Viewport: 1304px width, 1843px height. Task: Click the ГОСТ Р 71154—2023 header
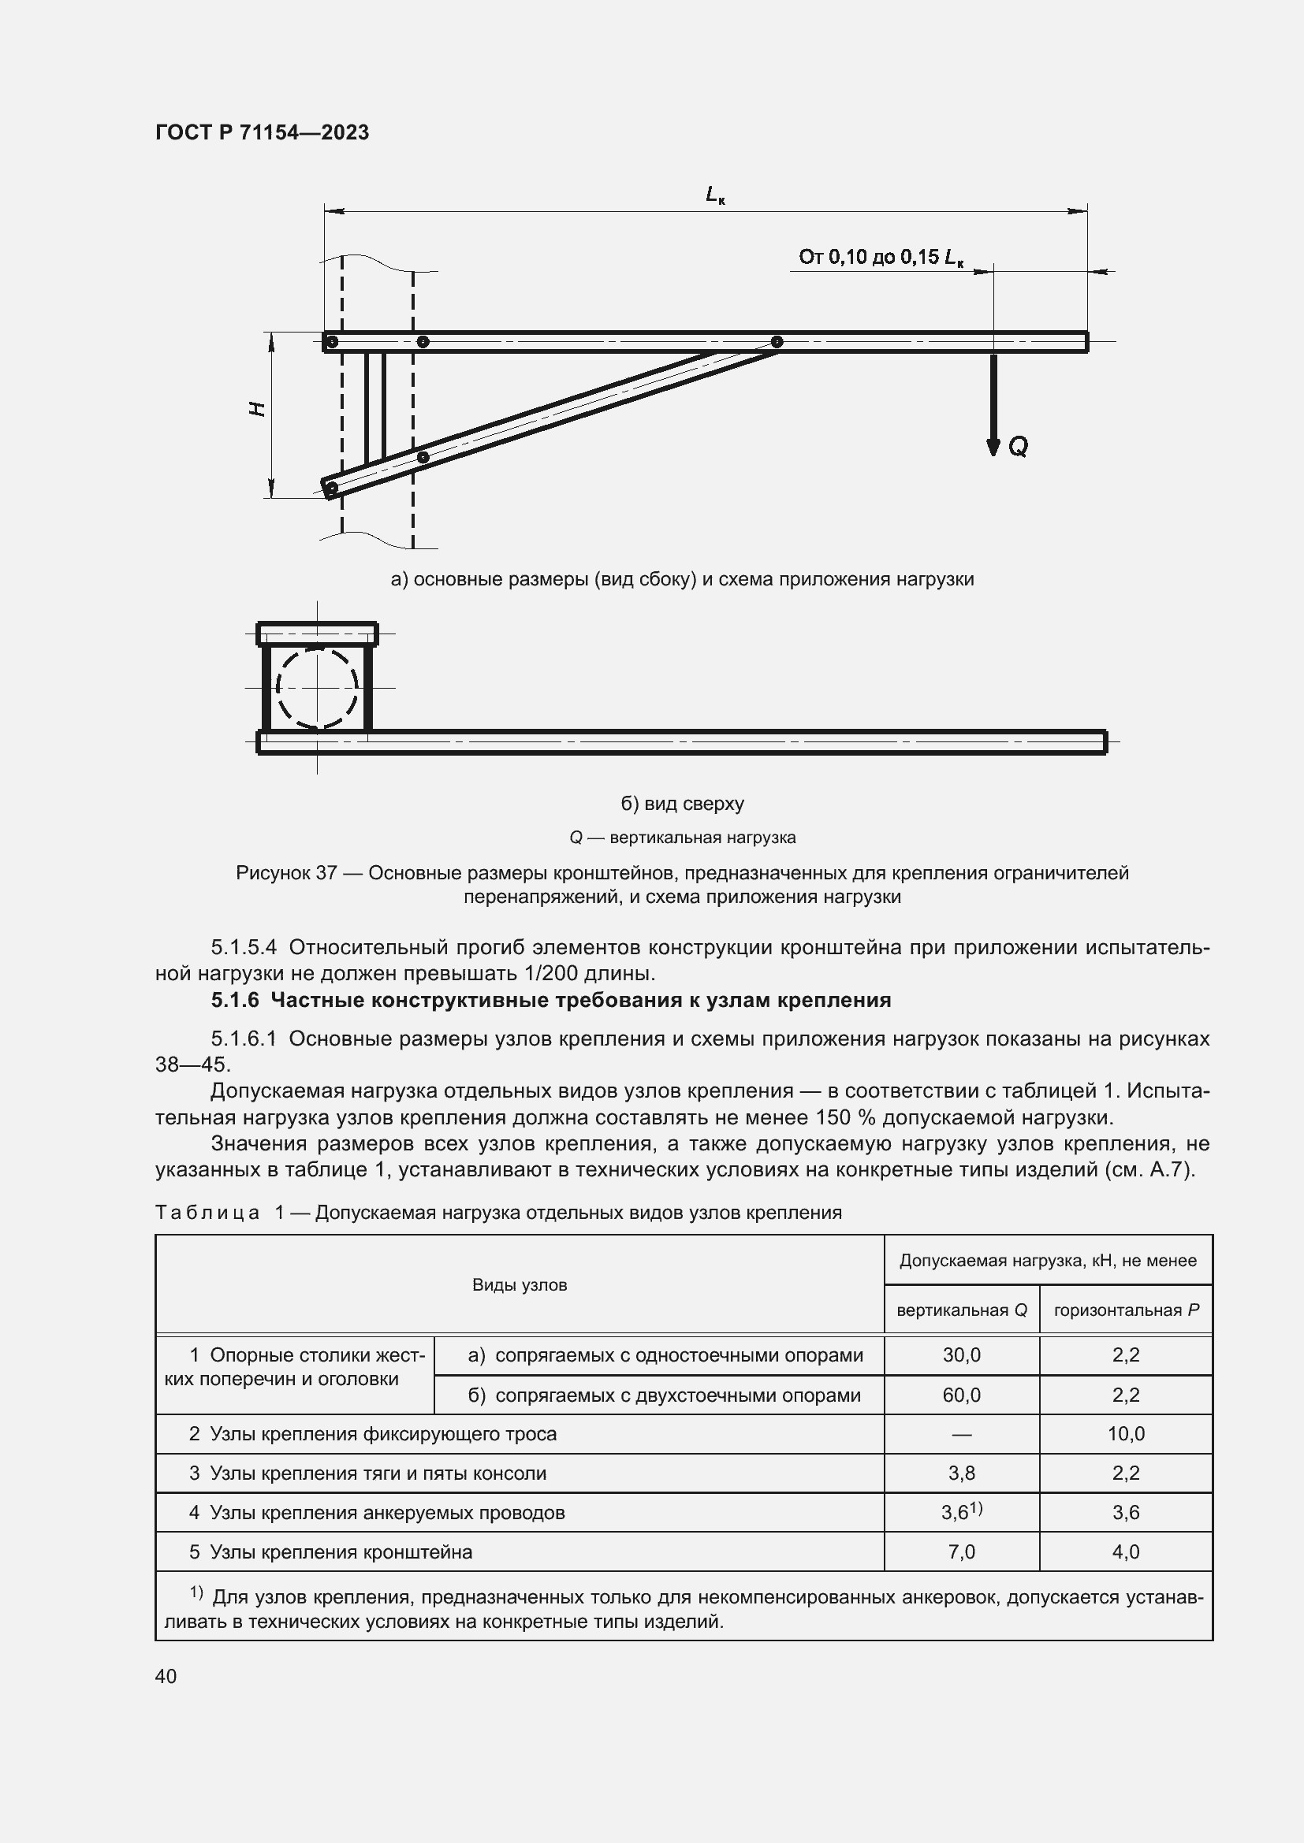click(262, 132)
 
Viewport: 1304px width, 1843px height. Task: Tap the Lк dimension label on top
click(714, 195)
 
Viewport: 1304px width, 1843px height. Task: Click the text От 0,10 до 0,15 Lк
click(880, 257)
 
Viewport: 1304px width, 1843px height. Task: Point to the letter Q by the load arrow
click(1017, 446)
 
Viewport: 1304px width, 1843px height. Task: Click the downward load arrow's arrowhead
click(993, 447)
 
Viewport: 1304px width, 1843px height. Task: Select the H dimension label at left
click(257, 409)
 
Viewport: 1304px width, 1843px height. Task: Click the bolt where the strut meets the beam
click(777, 342)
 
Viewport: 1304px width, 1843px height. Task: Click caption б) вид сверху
click(683, 804)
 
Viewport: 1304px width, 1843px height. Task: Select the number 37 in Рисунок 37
click(326, 872)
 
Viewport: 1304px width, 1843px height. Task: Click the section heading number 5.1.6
click(235, 1000)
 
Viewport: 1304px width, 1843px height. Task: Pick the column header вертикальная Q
click(961, 1310)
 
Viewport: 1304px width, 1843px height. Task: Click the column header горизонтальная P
click(1126, 1310)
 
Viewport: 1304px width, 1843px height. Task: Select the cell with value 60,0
click(961, 1395)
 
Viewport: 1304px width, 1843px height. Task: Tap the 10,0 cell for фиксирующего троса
click(1126, 1433)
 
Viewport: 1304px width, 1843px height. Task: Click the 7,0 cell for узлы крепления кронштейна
click(961, 1551)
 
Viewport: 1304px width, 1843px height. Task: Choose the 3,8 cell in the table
click(961, 1473)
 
